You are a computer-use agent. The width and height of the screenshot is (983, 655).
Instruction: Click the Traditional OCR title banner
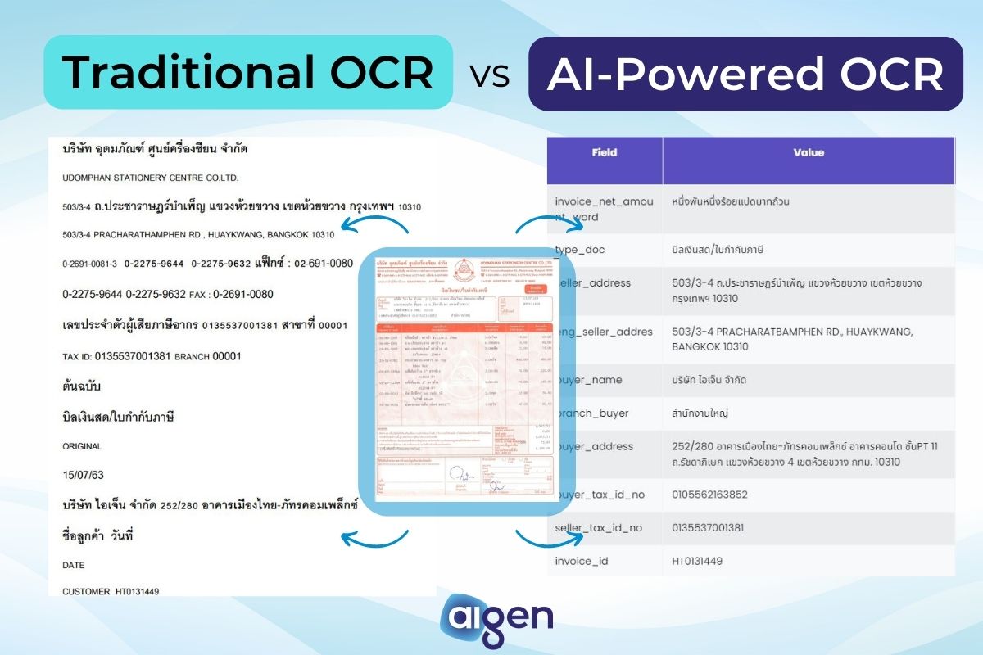point(247,73)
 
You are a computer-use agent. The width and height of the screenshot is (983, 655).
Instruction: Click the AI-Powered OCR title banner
point(745,74)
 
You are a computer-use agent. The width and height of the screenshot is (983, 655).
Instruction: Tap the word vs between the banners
point(490,75)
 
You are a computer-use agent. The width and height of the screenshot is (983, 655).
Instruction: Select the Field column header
point(604,152)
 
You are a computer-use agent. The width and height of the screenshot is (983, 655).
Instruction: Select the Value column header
point(809,152)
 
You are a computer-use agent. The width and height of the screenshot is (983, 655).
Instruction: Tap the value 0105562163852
point(709,495)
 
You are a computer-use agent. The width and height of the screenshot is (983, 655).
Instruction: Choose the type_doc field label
point(580,250)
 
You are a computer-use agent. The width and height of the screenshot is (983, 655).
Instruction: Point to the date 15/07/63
point(83,475)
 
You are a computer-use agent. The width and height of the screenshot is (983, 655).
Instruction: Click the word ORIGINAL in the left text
point(82,446)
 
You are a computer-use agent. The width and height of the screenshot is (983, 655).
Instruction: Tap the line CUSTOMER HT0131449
point(111,590)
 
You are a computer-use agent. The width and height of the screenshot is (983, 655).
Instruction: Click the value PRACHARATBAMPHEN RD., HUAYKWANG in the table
point(792,339)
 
